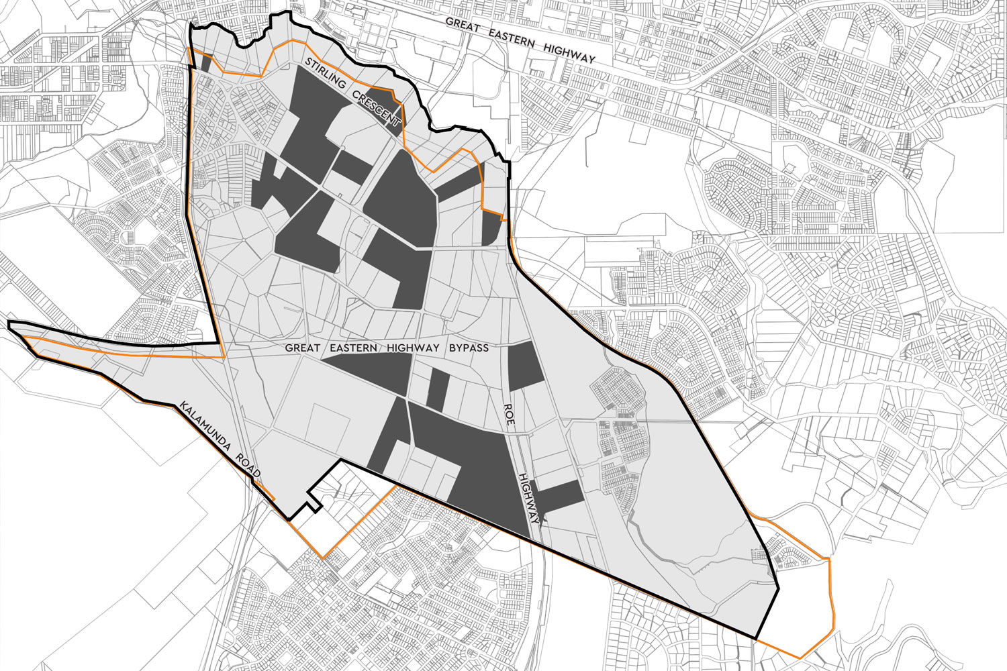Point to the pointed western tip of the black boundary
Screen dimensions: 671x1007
(x=10, y=325)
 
